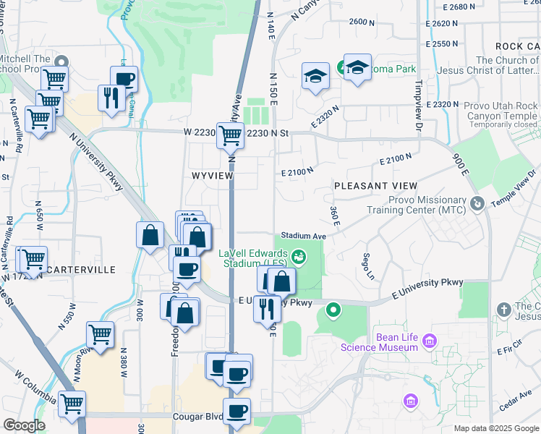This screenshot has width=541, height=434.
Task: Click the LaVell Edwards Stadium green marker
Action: (x=298, y=256)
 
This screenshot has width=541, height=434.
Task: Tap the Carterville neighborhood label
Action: (x=81, y=269)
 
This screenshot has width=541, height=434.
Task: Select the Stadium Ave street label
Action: (x=304, y=236)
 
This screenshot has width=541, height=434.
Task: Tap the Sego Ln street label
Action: (x=367, y=265)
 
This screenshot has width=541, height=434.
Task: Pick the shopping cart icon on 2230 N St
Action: (x=230, y=134)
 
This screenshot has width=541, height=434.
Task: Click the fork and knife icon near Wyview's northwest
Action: (x=111, y=98)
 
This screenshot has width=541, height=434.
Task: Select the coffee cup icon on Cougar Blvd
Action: (x=237, y=411)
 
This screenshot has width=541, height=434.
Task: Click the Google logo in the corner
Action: (x=24, y=425)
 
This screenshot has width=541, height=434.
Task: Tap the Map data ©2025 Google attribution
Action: (x=495, y=428)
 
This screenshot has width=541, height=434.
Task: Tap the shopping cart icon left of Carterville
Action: (x=33, y=258)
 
